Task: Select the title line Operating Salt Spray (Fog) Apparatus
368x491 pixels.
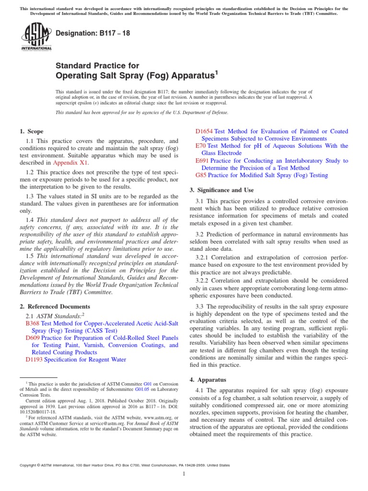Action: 137,75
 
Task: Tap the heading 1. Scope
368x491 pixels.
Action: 31,131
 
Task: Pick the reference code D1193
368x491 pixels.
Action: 34,360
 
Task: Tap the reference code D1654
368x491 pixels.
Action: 205,131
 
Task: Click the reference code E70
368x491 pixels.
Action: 201,146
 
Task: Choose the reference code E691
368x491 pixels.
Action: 202,161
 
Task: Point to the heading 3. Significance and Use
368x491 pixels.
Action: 222,190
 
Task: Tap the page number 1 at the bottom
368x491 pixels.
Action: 184,474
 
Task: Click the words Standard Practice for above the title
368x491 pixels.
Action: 98,66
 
